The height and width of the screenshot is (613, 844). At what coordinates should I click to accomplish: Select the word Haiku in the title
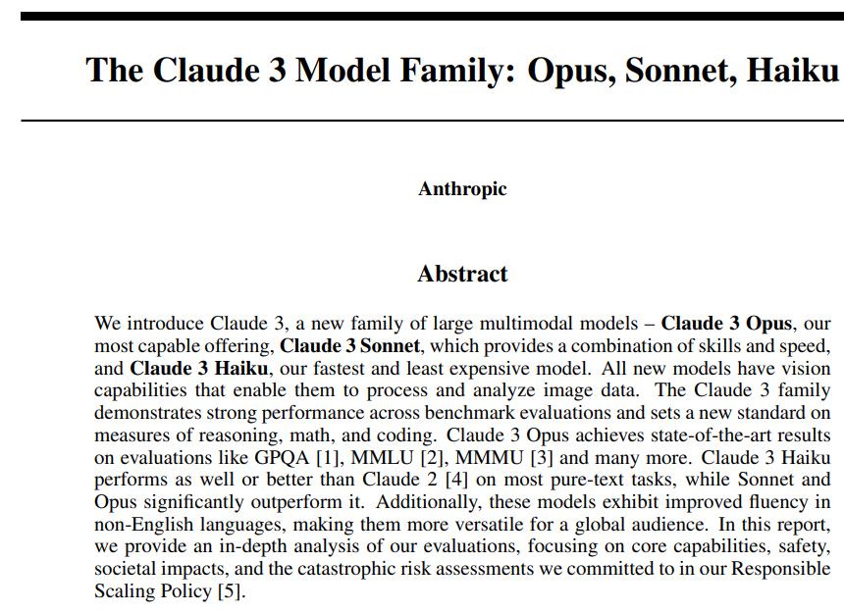[792, 71]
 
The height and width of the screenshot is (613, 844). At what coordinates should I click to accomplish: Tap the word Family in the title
[443, 71]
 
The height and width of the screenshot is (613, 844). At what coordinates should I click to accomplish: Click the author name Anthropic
[462, 189]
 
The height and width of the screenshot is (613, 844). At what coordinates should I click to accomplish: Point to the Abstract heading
[462, 274]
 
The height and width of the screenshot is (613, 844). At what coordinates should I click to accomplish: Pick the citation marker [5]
[228, 591]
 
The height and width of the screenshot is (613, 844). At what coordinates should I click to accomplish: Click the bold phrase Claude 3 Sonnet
[350, 345]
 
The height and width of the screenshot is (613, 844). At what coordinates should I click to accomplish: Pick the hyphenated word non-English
[138, 525]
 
